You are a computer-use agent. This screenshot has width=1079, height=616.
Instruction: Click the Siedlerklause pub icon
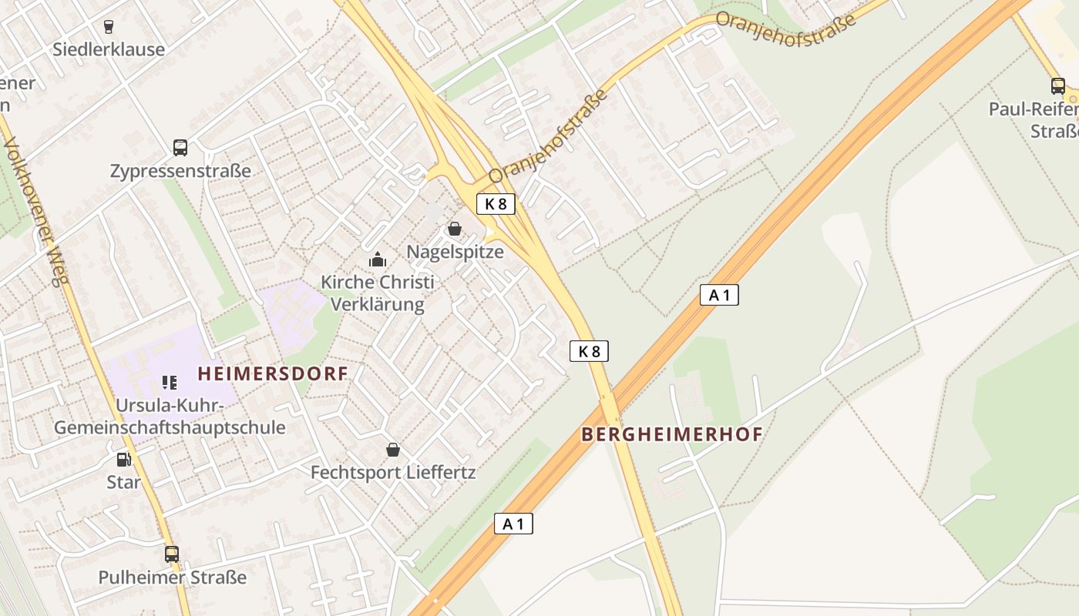click(x=108, y=26)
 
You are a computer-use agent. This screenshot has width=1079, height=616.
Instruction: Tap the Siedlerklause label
click(x=109, y=49)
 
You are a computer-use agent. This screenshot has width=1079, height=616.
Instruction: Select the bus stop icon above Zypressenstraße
click(x=180, y=147)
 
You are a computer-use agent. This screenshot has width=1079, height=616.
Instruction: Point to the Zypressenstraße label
click(x=180, y=171)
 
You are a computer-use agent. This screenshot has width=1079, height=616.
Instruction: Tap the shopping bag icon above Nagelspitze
click(x=455, y=229)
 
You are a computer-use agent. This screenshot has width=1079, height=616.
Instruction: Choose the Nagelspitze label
click(x=455, y=252)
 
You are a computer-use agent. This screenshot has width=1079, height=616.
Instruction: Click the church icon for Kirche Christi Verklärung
click(x=377, y=259)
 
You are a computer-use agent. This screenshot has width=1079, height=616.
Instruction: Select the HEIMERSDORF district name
click(x=273, y=374)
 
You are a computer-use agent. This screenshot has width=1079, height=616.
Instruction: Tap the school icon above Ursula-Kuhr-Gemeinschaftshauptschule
click(x=170, y=382)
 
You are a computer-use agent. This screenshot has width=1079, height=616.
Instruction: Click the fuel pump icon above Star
click(x=123, y=460)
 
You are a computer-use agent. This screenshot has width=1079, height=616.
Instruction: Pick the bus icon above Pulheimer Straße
click(x=172, y=554)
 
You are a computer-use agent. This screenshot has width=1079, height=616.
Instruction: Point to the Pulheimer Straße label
click(x=172, y=577)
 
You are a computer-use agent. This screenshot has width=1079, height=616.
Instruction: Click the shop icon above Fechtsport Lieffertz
click(x=393, y=450)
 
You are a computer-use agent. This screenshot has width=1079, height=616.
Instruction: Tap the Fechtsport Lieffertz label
click(x=393, y=472)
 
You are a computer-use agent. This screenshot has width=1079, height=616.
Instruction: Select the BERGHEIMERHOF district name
click(x=671, y=434)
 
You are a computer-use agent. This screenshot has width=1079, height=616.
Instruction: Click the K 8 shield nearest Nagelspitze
click(x=496, y=204)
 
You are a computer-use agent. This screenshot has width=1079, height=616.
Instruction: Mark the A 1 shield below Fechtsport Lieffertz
click(x=513, y=524)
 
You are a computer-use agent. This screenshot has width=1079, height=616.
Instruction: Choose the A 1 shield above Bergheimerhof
click(x=719, y=294)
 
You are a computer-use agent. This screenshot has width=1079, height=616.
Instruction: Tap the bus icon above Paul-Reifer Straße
click(x=1058, y=86)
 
